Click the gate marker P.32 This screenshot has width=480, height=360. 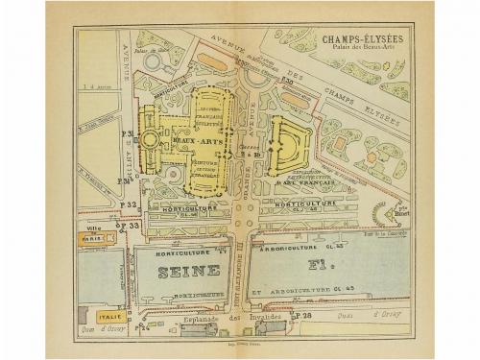point(129,204)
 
